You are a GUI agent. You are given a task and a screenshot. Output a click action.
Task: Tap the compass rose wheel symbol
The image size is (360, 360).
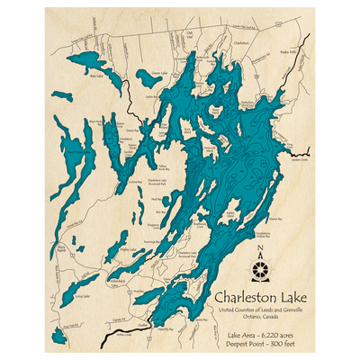coord(261,268)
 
